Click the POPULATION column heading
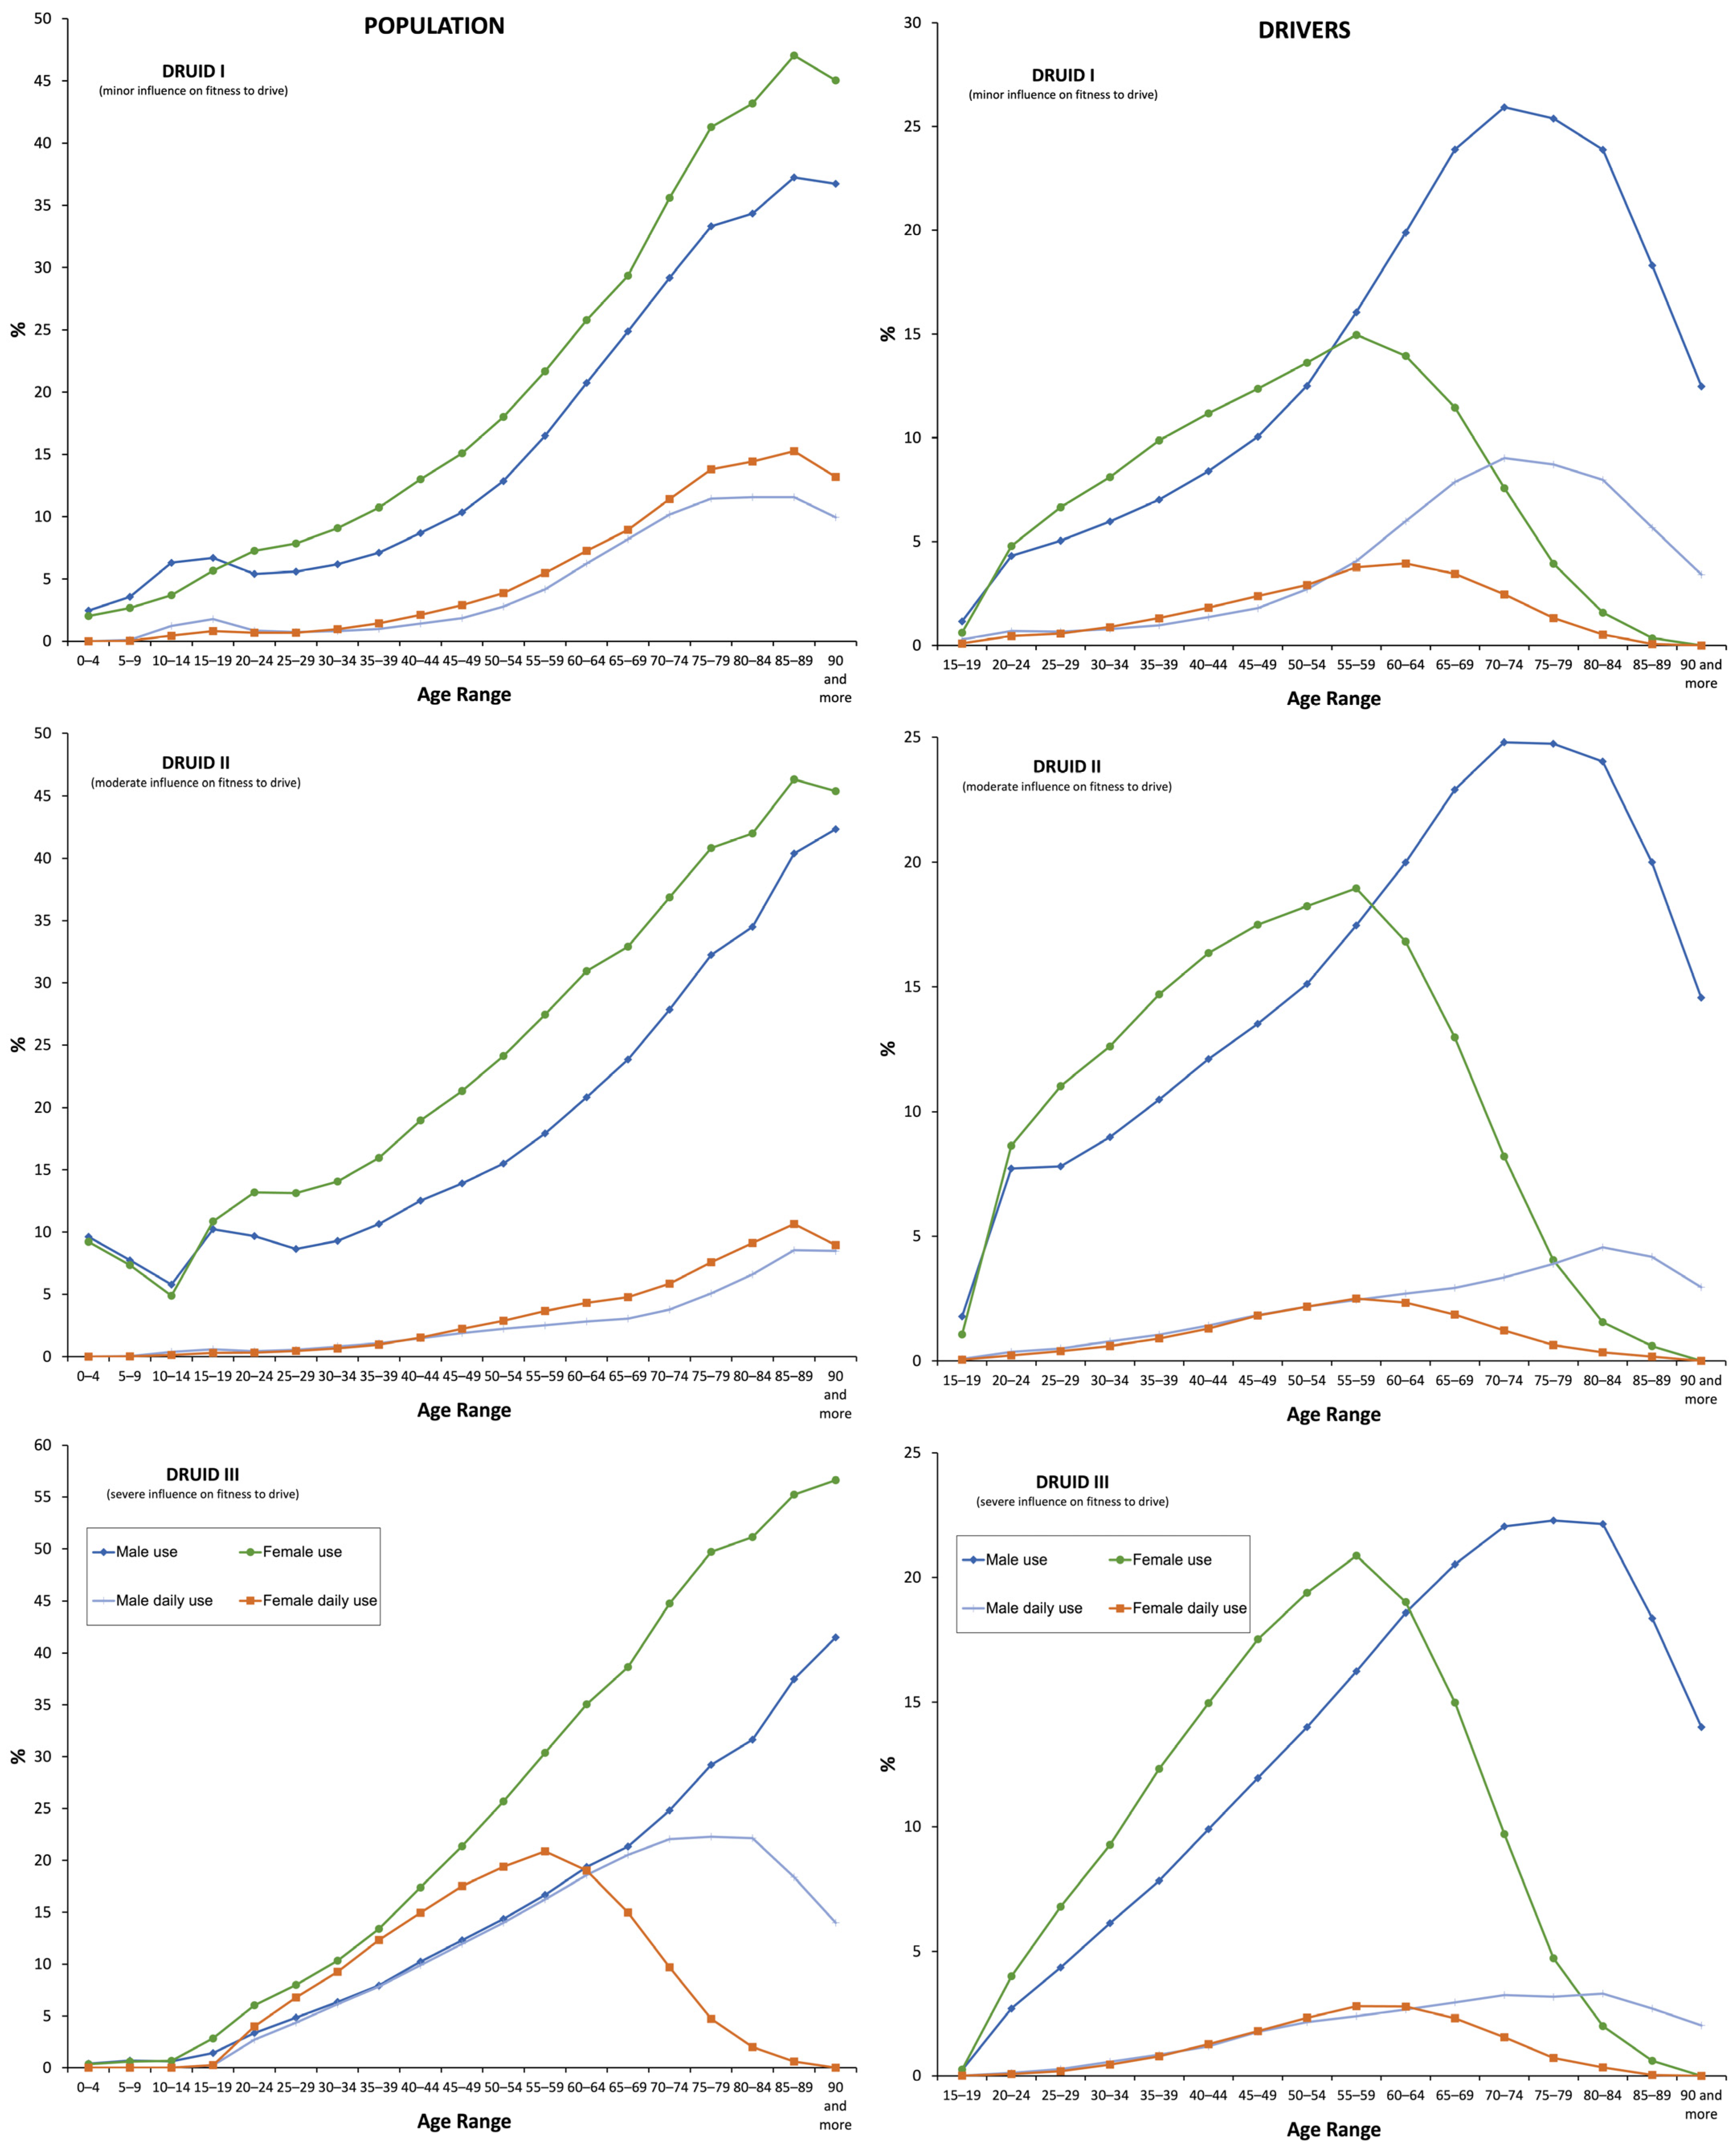click(433, 26)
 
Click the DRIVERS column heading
click(1303, 30)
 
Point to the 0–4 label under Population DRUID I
click(88, 660)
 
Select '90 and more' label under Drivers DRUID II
click(1701, 1389)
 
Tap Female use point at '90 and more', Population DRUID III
click(835, 1480)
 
